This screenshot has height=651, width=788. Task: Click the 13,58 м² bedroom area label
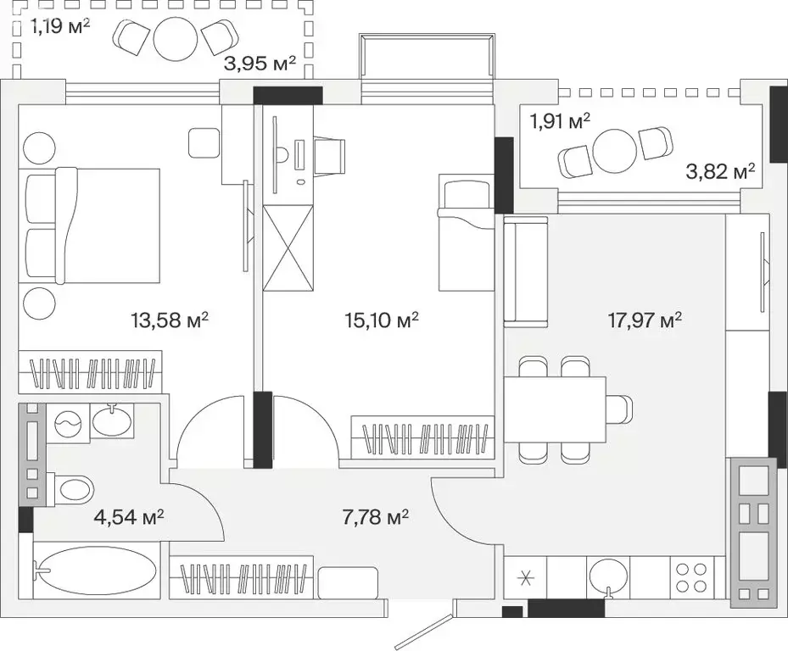tap(170, 320)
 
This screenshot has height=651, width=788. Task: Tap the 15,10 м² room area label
tap(382, 320)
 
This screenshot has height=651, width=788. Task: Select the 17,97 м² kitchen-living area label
tap(645, 320)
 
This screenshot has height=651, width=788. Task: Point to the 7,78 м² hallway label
tap(375, 516)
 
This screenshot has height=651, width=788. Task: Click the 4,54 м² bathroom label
tap(129, 516)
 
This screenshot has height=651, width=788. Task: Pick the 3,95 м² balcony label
tap(260, 64)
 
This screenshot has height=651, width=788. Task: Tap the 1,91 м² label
tap(560, 121)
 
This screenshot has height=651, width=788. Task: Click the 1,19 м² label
tap(60, 26)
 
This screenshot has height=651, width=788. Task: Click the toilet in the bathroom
tap(71, 488)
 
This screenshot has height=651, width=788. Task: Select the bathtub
tap(98, 572)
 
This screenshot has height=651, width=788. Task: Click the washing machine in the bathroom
tap(69, 424)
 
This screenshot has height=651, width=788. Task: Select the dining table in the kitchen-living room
tap(555, 410)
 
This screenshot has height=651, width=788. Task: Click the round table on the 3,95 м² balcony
tap(176, 40)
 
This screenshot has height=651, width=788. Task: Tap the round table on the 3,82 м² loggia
tap(616, 151)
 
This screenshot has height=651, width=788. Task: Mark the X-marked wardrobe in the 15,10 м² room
tap(288, 248)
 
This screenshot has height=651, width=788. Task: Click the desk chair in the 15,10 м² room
tap(330, 157)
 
